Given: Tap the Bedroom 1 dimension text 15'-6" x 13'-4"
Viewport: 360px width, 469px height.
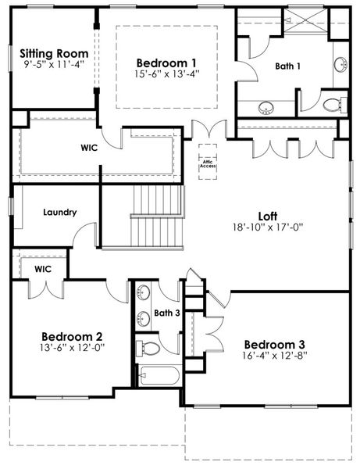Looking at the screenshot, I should [x=166, y=75].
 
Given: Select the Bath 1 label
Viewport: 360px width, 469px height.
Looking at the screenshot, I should [x=288, y=66].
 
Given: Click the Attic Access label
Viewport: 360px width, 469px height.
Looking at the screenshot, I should [x=208, y=163].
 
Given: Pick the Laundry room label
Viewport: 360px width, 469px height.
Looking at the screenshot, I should [x=60, y=212].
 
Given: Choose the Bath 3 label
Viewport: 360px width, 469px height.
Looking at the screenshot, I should [x=166, y=313].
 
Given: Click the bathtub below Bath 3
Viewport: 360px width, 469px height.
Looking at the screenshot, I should [x=159, y=376].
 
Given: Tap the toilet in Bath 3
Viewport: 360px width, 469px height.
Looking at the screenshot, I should [x=148, y=347].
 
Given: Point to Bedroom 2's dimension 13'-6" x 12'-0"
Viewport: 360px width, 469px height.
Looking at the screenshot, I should [x=73, y=346].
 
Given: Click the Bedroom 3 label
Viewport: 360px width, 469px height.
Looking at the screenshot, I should [x=274, y=345].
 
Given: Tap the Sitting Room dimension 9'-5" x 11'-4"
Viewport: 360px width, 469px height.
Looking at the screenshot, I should [x=55, y=65].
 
